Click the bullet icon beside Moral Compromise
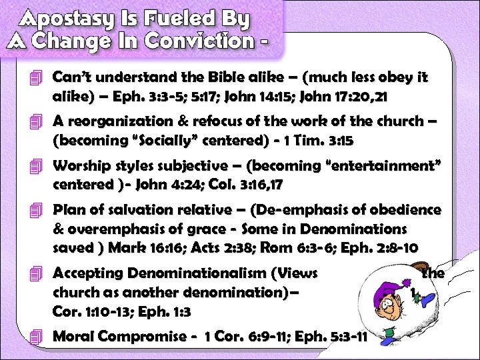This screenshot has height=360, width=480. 36,337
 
